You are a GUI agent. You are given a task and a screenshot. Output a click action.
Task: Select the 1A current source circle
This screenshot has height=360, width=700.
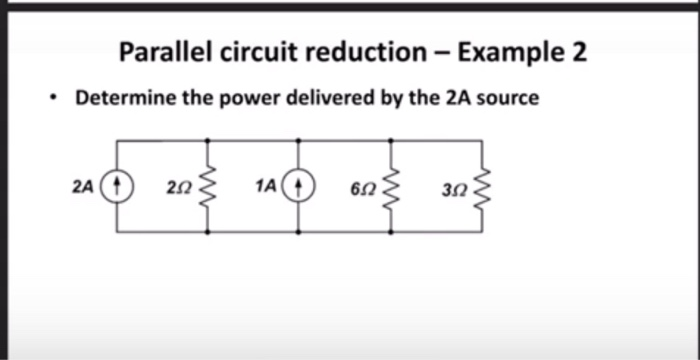tap(298, 186)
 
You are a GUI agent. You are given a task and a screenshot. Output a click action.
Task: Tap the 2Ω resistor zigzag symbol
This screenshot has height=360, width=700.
tap(207, 186)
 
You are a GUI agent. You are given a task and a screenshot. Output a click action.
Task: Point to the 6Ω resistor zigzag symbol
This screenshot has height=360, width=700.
tap(390, 186)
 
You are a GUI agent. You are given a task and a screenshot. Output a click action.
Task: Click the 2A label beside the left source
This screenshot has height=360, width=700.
tap(84, 186)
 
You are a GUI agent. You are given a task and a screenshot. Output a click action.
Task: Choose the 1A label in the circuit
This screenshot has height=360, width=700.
tap(266, 186)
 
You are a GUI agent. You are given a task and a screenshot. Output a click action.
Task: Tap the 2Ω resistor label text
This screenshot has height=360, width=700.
tap(178, 187)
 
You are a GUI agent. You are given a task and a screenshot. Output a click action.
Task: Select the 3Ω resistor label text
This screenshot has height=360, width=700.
tap(452, 187)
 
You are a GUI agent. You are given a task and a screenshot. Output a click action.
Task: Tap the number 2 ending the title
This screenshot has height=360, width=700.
tap(577, 51)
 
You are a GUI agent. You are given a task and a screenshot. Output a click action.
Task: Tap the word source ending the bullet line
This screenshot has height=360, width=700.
tap(510, 99)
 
